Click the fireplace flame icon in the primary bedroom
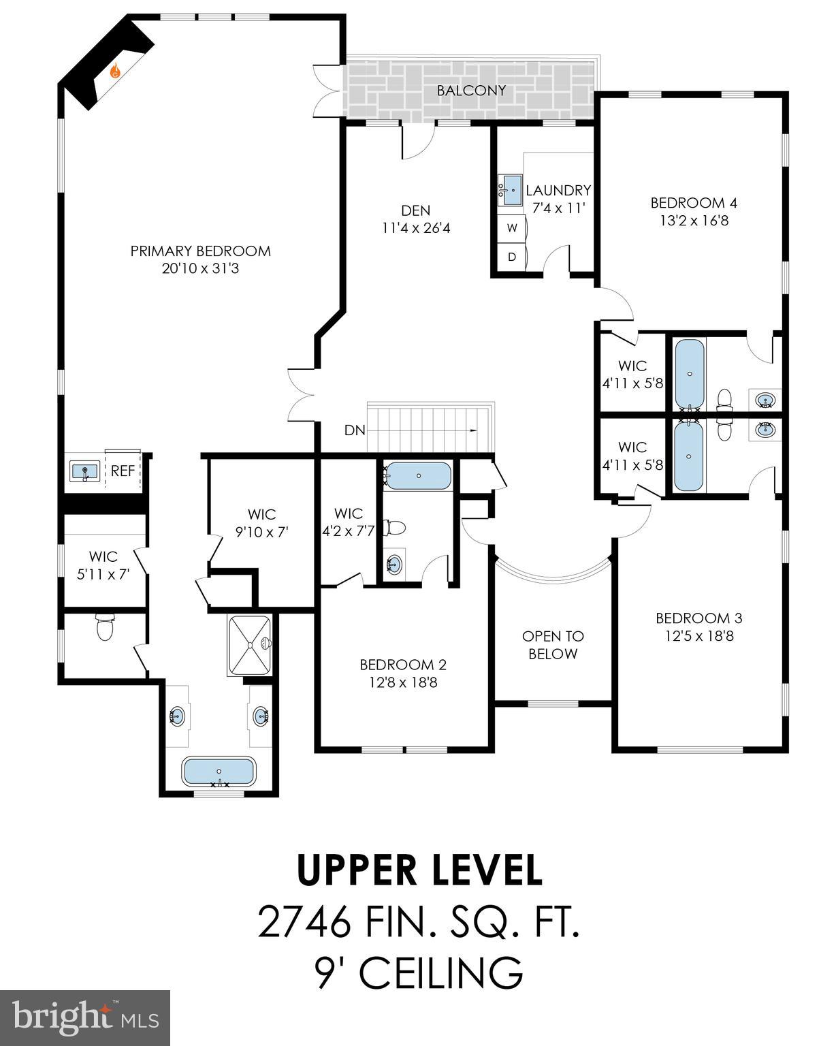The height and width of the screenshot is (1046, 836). click(116, 70)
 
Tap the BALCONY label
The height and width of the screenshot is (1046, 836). click(471, 90)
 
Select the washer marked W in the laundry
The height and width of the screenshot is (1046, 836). click(512, 228)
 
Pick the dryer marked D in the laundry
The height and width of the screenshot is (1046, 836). click(512, 257)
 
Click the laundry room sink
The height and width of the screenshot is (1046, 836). click(509, 188)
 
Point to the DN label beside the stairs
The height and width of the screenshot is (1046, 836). click(355, 430)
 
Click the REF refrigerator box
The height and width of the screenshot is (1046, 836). click(123, 471)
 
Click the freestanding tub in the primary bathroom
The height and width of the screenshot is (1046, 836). click(219, 772)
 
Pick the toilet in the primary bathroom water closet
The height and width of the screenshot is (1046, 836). click(105, 627)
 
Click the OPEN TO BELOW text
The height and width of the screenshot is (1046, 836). click(553, 645)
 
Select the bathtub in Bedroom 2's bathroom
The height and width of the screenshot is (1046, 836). click(417, 476)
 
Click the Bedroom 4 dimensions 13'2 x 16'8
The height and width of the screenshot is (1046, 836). click(694, 221)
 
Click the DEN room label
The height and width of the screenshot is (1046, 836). click(415, 210)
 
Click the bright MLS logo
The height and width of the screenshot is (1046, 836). click(85, 1019)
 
